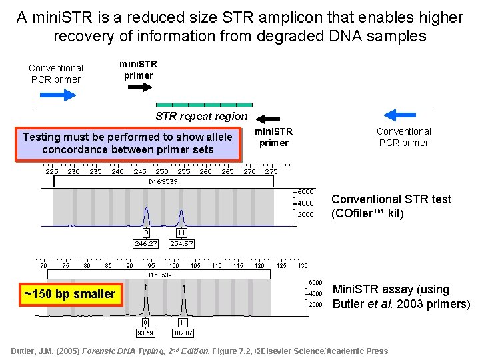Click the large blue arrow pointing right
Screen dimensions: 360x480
pyautogui.click(x=59, y=95)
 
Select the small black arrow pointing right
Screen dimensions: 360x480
pyautogui.click(x=139, y=89)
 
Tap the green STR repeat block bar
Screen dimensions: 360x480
pyautogui.click(x=204, y=105)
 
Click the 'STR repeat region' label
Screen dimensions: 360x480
pyautogui.click(x=201, y=117)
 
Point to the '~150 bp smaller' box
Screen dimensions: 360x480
pyautogui.click(x=70, y=294)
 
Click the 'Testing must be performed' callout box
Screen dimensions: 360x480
pyautogui.click(x=127, y=143)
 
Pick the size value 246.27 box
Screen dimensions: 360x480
pyautogui.click(x=145, y=243)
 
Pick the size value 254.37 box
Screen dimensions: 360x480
pyautogui.click(x=181, y=243)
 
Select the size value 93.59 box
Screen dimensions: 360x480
pyautogui.click(x=145, y=333)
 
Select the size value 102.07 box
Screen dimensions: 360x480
pyautogui.click(x=183, y=333)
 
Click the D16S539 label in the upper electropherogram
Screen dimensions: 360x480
pyautogui.click(x=163, y=181)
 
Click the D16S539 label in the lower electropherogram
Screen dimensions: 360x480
pyautogui.click(x=159, y=275)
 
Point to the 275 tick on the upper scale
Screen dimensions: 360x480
pyautogui.click(x=271, y=171)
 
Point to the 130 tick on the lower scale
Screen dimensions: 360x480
pyautogui.click(x=303, y=265)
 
